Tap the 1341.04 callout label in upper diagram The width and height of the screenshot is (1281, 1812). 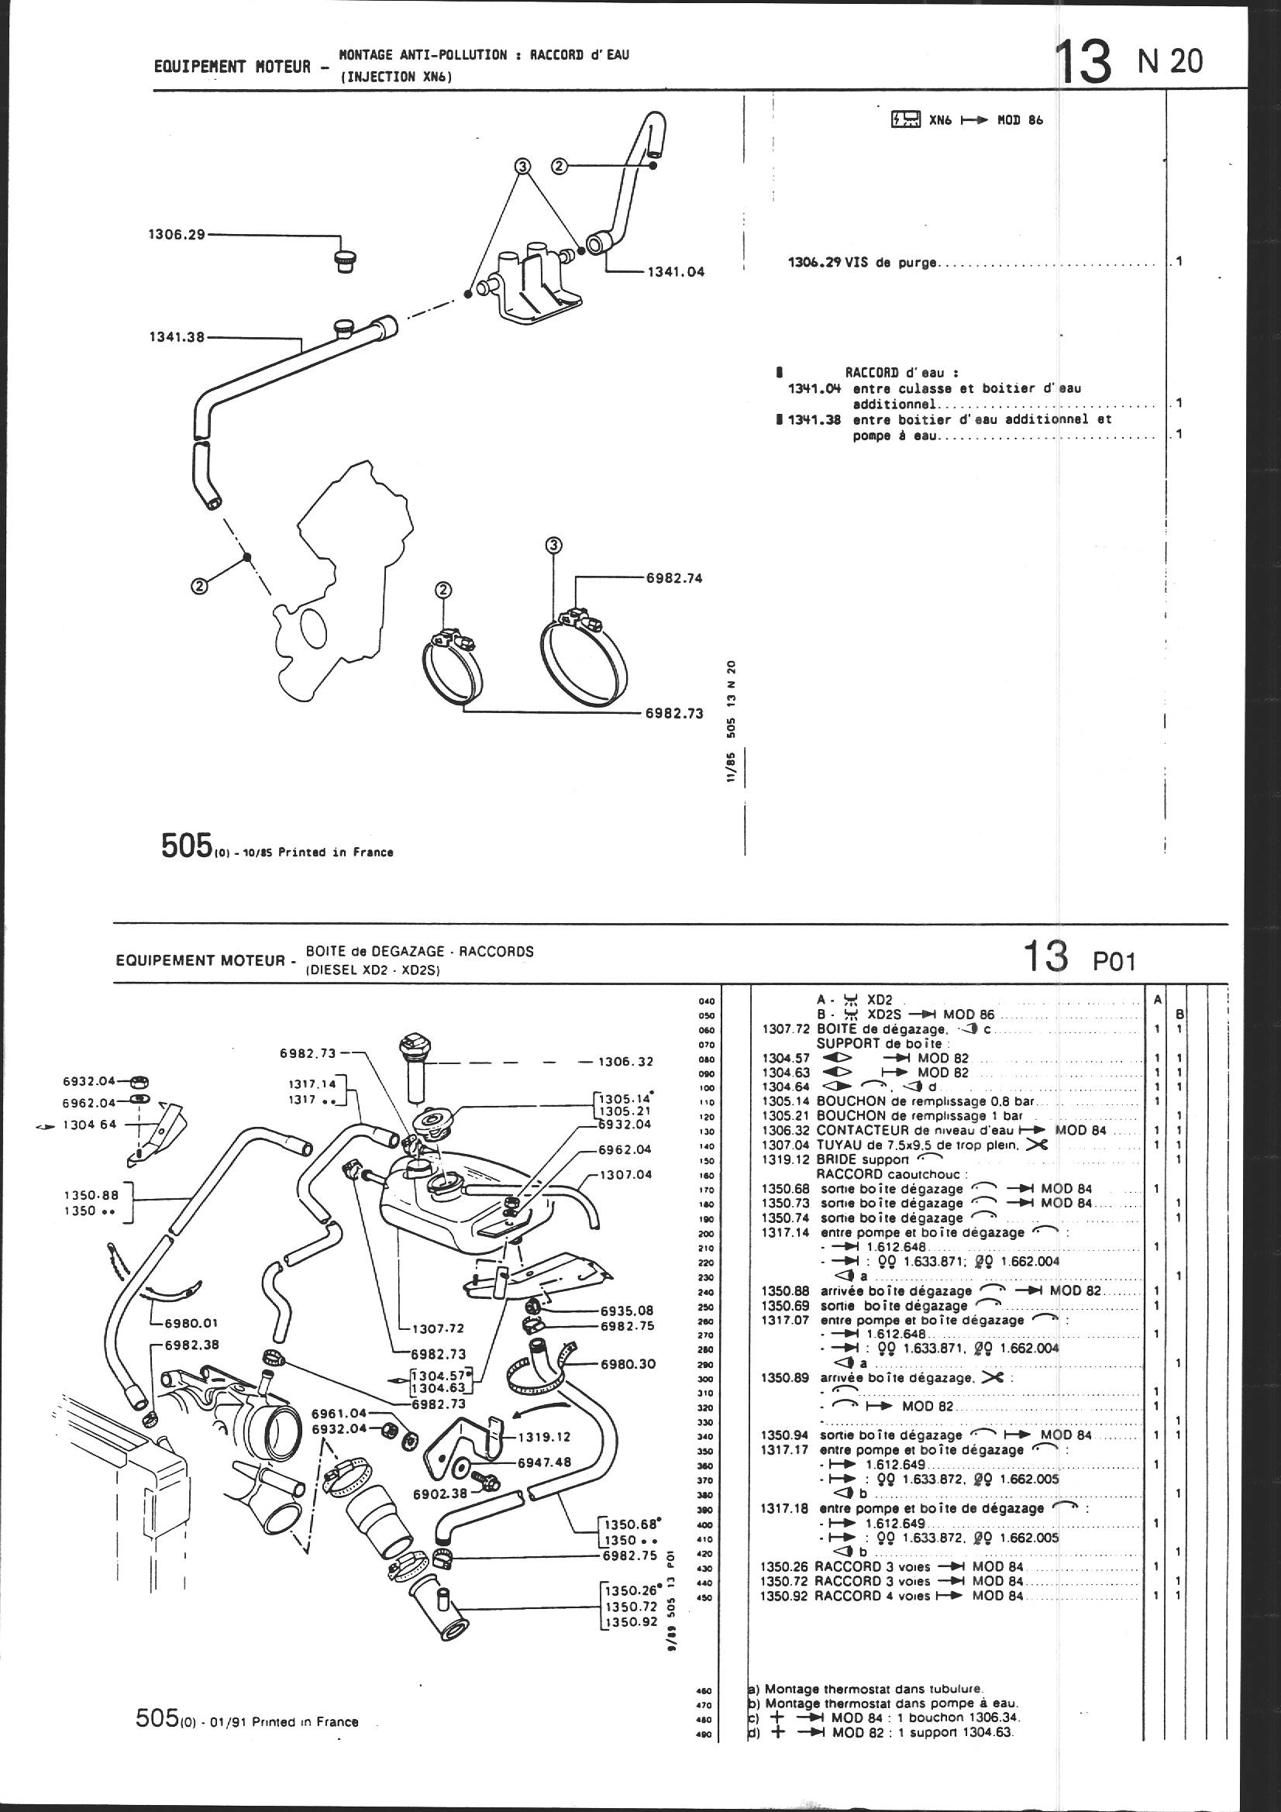coord(675,272)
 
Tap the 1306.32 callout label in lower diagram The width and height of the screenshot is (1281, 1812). coord(626,1062)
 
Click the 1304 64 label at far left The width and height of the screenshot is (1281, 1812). coord(89,1125)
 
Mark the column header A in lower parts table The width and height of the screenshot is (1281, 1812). coord(1156,999)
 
